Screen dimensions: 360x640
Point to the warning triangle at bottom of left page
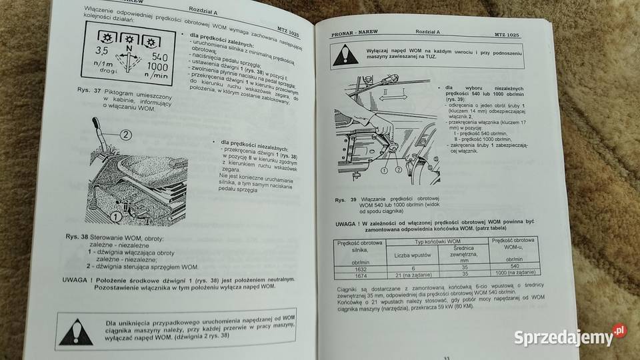(76, 330)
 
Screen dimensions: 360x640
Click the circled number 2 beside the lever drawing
(126, 135)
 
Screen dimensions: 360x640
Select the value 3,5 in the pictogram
(102, 50)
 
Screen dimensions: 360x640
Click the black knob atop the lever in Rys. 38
(95, 124)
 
